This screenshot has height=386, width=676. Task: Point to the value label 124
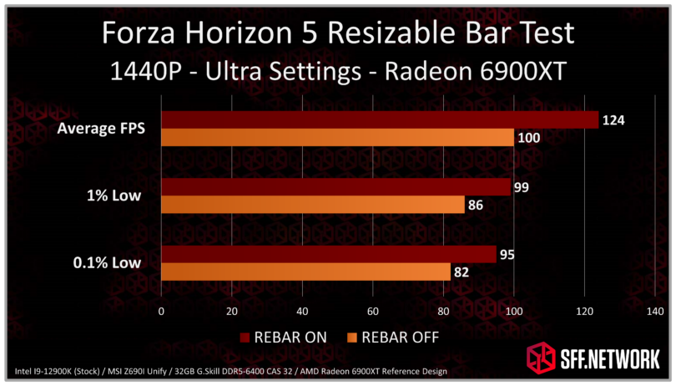[614, 121]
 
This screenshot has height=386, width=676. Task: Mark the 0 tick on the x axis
[161, 312]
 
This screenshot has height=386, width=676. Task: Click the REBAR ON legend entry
[283, 337]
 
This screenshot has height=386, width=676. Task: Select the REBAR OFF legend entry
[392, 337]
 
